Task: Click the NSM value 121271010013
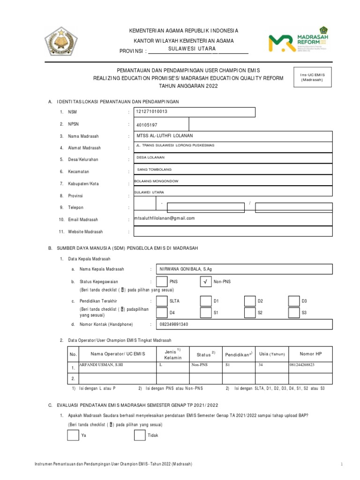pos(151,112)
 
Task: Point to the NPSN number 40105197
pos(148,125)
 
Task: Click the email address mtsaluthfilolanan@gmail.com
pos(164,218)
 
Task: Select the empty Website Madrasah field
pos(232,231)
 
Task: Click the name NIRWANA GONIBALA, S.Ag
pos(186,269)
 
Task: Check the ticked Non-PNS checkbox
pos(206,282)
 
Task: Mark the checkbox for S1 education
pos(206,312)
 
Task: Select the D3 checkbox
pos(294,300)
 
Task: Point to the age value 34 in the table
pos(261,364)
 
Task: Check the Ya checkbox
pos(73,435)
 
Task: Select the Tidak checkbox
pos(140,435)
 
